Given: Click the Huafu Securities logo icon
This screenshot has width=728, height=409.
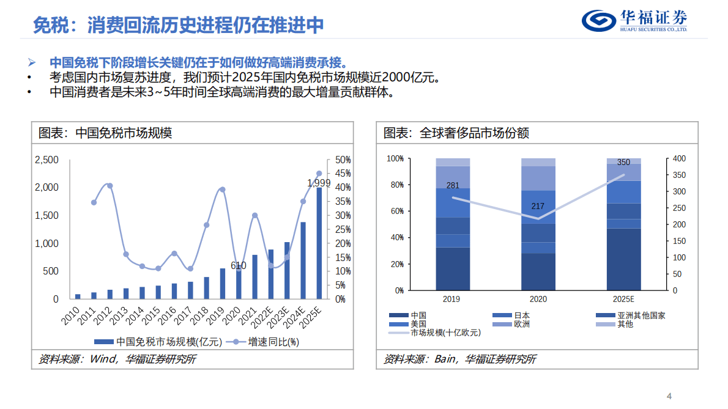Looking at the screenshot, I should [x=599, y=20].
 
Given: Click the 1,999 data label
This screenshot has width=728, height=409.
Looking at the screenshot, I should [x=318, y=183].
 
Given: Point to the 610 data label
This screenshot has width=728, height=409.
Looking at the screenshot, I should [x=238, y=265].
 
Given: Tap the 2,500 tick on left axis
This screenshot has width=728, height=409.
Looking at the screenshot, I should [x=46, y=160].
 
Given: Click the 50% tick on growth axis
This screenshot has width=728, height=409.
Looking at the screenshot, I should [x=343, y=160].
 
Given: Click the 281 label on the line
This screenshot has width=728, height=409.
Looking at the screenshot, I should [x=453, y=185].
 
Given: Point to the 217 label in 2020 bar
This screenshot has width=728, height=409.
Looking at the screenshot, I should [x=538, y=206].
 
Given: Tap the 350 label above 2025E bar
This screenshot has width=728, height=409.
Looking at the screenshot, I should [x=623, y=163].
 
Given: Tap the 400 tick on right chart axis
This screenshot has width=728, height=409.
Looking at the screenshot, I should [x=679, y=159].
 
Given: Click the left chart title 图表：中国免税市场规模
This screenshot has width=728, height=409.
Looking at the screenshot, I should [x=105, y=133].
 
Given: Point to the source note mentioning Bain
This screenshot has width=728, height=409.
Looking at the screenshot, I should [x=459, y=359].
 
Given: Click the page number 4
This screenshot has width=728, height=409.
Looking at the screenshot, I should [x=669, y=394].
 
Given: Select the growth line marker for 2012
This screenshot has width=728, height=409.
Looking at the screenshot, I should [x=110, y=186].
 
